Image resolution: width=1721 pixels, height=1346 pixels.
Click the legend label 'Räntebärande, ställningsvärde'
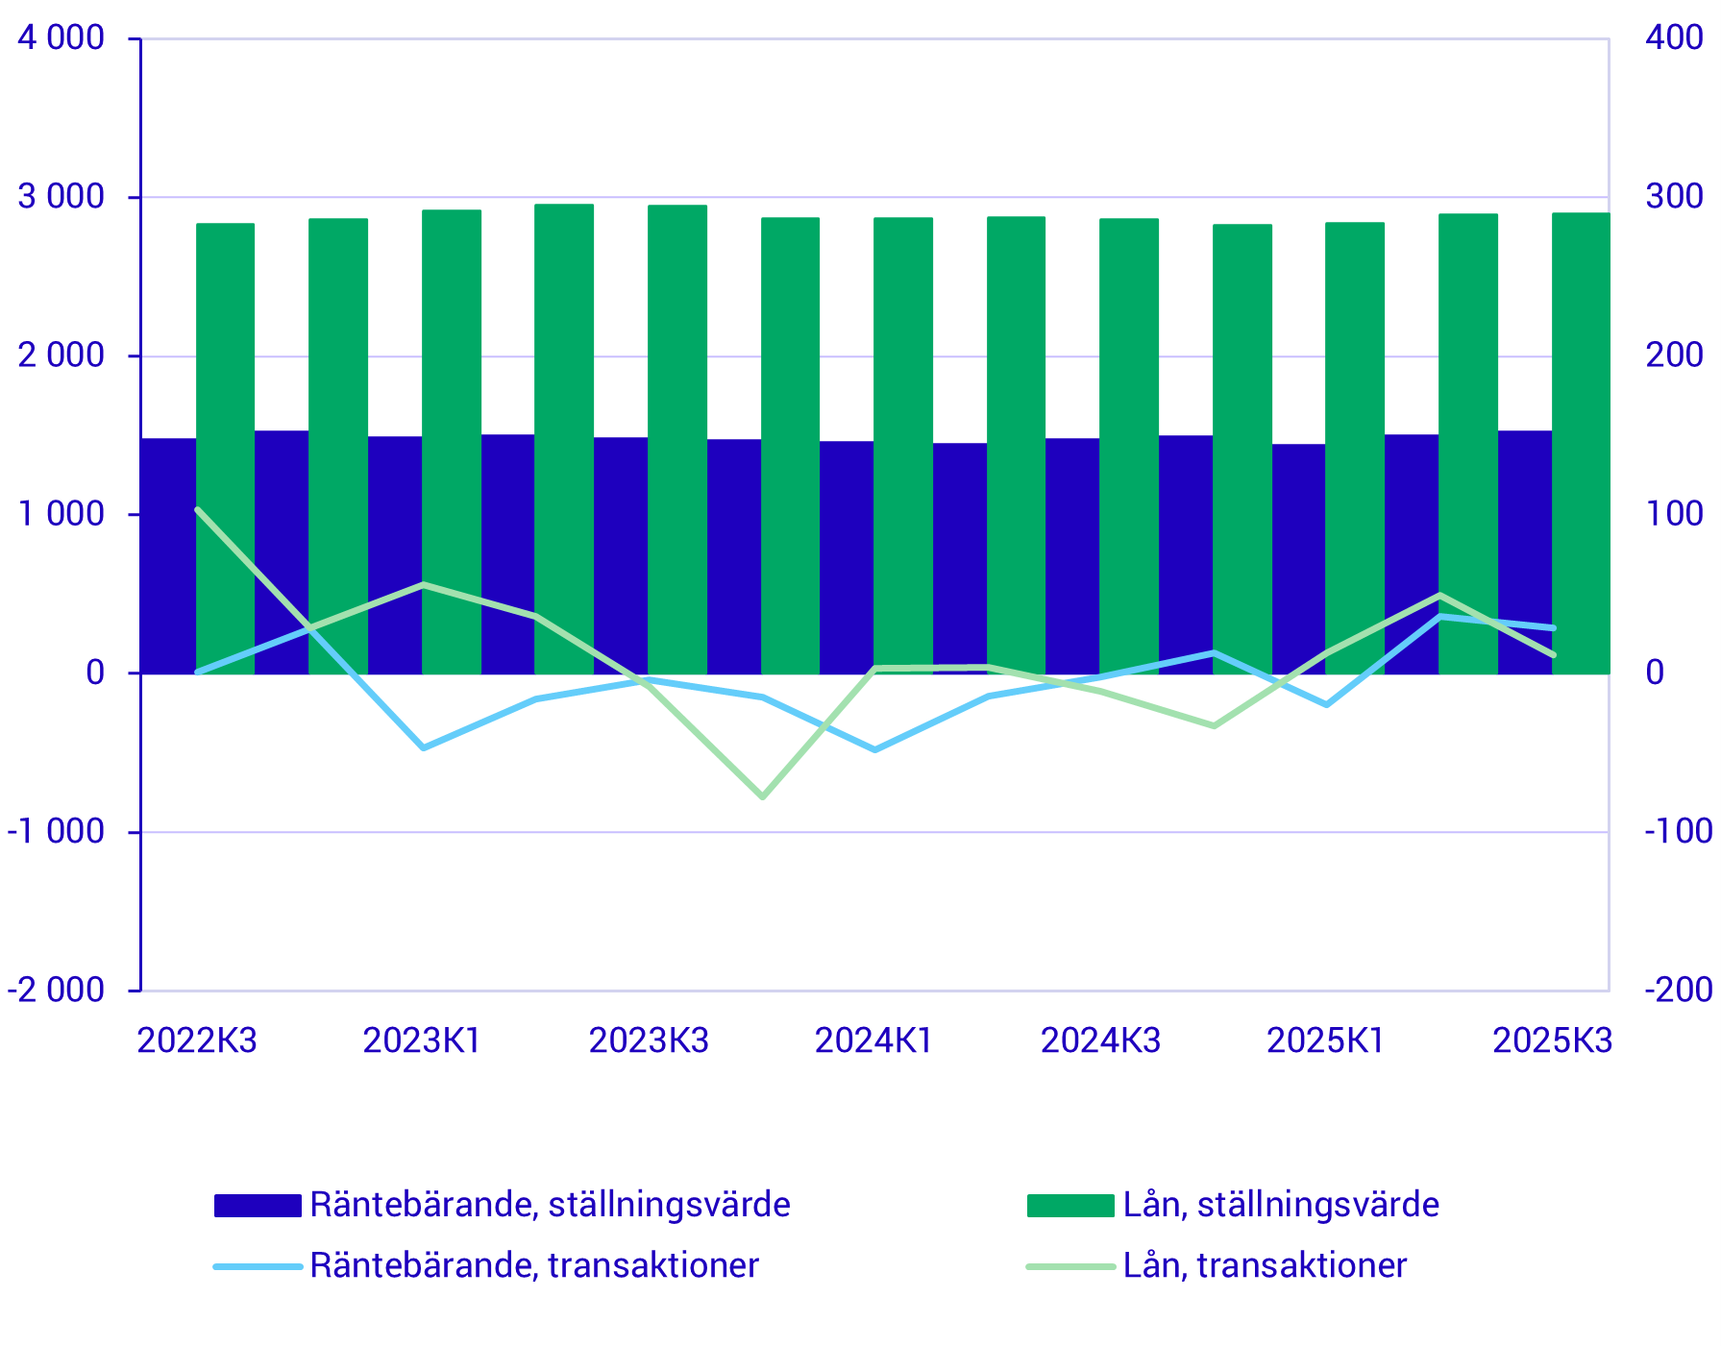(x=550, y=1205)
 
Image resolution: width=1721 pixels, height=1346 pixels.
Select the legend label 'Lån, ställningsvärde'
(x=1281, y=1205)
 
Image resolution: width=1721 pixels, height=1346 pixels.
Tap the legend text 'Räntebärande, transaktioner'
(x=534, y=1265)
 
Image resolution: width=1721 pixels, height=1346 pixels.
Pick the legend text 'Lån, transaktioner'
(x=1265, y=1265)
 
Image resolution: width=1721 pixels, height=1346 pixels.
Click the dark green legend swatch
(x=1069, y=1206)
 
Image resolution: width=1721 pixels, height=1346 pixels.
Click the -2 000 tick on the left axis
(x=56, y=990)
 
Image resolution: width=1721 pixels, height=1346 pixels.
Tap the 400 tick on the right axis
(x=1675, y=38)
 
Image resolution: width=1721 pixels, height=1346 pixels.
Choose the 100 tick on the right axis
(x=1675, y=514)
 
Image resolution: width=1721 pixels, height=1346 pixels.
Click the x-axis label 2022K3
(x=197, y=1040)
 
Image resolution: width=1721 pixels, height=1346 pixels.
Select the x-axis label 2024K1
(x=874, y=1040)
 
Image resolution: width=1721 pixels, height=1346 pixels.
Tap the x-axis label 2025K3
(x=1552, y=1040)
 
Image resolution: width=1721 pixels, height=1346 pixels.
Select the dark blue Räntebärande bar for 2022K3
(x=168, y=557)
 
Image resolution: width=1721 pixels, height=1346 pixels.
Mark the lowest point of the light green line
(x=763, y=797)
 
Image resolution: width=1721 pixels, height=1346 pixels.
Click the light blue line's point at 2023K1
(x=424, y=747)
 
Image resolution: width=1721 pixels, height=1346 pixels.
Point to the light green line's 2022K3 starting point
(x=197, y=509)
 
